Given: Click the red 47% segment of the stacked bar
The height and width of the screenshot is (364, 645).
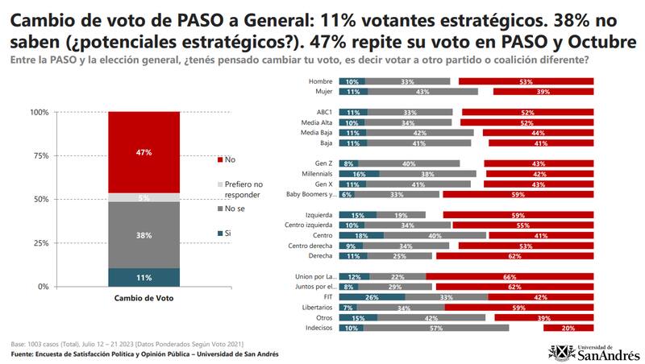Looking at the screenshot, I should pos(144,152).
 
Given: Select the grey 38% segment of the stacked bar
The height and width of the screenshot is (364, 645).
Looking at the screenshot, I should pos(144,235).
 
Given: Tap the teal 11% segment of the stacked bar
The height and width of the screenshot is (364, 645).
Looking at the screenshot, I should pos(144,277).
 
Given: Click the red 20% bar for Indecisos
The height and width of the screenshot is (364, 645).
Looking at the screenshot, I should pos(568,329).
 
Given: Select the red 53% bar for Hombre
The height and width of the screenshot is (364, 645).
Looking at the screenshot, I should pos(526,81).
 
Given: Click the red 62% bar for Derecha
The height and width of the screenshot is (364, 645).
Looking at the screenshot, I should pos(515,256).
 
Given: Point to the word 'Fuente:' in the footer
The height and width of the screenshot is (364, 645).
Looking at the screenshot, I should pos(23,353).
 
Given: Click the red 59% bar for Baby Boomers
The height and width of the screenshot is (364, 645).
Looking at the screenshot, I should pos(518,194).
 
